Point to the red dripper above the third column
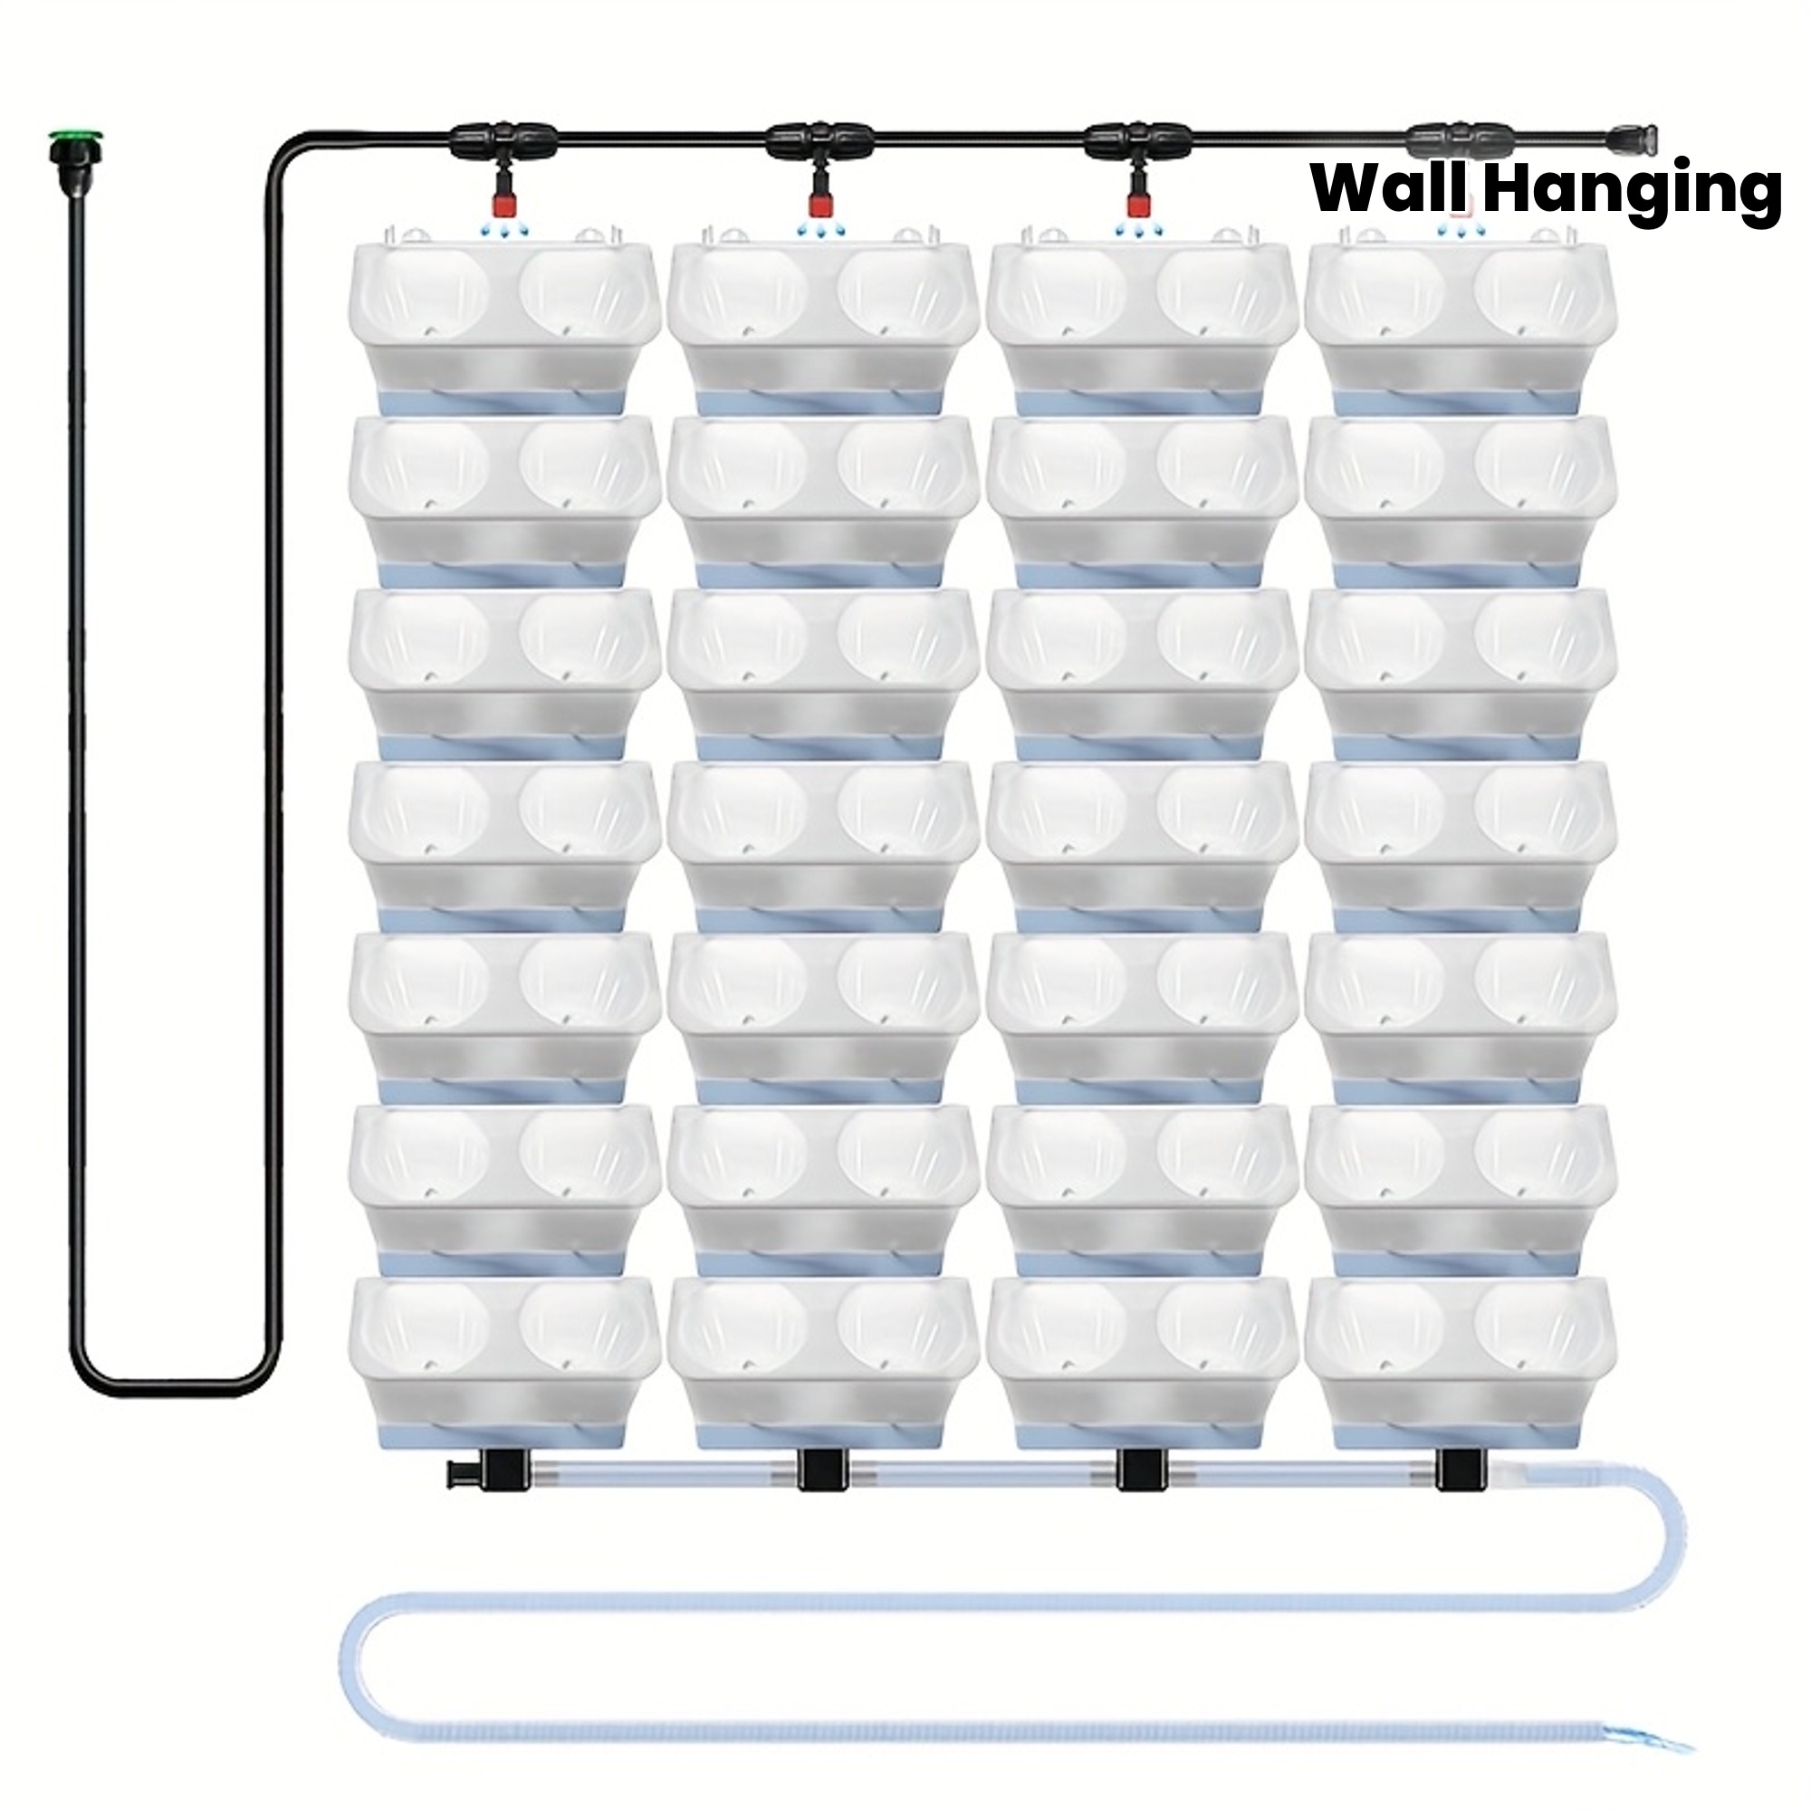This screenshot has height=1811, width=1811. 1138,201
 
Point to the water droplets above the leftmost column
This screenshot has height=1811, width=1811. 503,230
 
